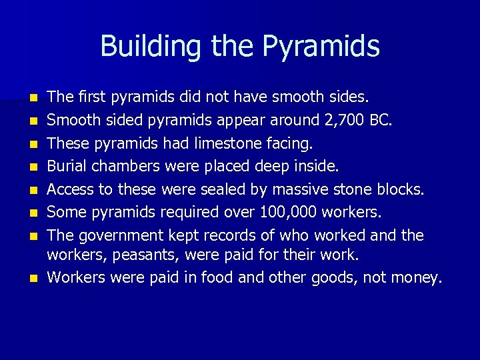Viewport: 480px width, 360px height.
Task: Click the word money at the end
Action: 413,277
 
